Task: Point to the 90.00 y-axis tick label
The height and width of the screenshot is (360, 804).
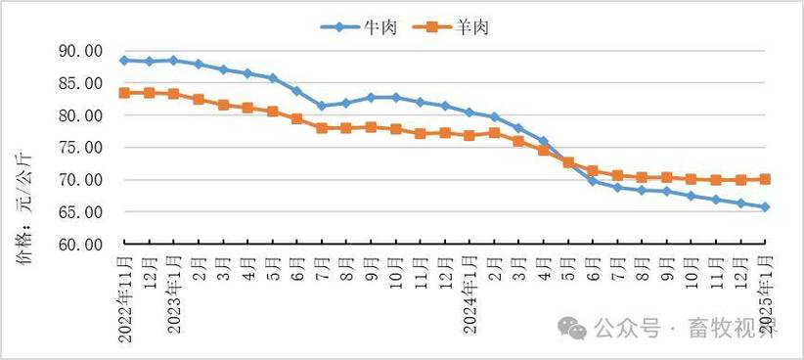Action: pyautogui.click(x=81, y=52)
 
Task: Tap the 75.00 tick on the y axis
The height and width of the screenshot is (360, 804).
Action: pyautogui.click(x=81, y=148)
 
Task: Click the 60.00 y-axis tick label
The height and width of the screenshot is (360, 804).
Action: pyautogui.click(x=81, y=244)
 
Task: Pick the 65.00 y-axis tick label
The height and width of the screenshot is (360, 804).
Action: pyautogui.click(x=81, y=212)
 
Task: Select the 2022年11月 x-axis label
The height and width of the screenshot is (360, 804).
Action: pyautogui.click(x=125, y=293)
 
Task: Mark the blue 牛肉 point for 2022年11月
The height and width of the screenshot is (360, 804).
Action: pyautogui.click(x=124, y=61)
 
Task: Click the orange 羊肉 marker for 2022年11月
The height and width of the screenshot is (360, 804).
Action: pyautogui.click(x=124, y=93)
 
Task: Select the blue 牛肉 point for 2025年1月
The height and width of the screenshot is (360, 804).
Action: pyautogui.click(x=766, y=207)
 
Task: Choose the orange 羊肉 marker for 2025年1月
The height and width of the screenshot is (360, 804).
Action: pyautogui.click(x=766, y=179)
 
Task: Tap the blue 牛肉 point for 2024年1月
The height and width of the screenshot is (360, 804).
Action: pyautogui.click(x=469, y=112)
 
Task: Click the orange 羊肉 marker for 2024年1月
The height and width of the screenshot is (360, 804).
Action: pyautogui.click(x=469, y=135)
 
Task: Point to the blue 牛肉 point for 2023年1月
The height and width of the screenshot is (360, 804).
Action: pyautogui.click(x=173, y=61)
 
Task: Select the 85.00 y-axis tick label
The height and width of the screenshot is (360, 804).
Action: pyautogui.click(x=81, y=84)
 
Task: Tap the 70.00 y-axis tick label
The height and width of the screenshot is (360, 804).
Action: pyautogui.click(x=81, y=180)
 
